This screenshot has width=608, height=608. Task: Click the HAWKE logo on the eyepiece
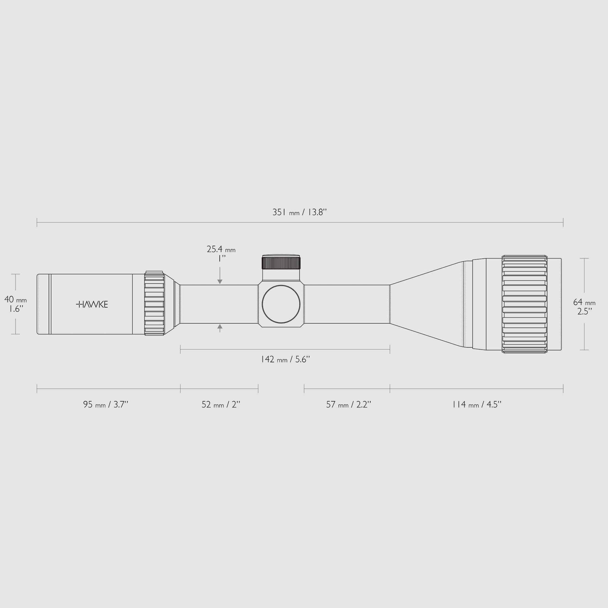pos(92,304)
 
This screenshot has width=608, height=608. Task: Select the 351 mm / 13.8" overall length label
pos(300,213)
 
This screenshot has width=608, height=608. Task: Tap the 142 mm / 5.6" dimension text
pos(285,359)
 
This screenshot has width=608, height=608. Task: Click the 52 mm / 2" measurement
pos(221,404)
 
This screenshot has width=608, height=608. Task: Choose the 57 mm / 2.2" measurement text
pos(348,404)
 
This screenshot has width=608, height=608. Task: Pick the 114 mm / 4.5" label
pos(476,404)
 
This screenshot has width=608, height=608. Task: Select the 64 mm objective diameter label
pos(584,302)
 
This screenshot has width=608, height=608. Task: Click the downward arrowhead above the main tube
pos(220,282)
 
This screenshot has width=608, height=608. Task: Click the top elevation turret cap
pos(281,262)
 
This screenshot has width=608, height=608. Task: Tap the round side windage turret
pos(281,304)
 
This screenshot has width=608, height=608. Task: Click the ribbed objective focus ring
pos(524,304)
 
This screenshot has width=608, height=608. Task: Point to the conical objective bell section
pos(428,304)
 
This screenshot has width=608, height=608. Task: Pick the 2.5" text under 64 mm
pos(585,311)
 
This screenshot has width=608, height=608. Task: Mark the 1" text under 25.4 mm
pos(222,259)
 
